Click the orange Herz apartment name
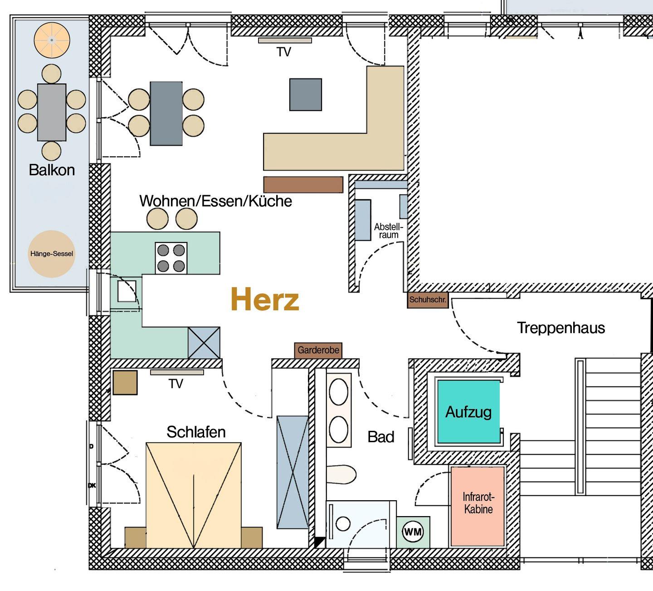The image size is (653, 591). tap(265, 299)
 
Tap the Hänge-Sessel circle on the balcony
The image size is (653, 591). tap(51, 254)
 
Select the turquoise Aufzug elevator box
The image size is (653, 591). tap(468, 412)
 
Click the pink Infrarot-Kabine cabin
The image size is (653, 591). tap(478, 507)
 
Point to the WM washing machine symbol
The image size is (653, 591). tap(413, 532)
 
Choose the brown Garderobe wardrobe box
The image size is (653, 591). tap(318, 350)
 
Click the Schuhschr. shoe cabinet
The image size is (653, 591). tap(428, 300)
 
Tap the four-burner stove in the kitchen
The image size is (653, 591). tap(171, 258)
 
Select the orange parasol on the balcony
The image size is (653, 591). tap(52, 40)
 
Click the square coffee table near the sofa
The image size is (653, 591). tap(306, 94)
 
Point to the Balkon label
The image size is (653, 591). tap(52, 170)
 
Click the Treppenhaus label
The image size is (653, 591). tap(561, 328)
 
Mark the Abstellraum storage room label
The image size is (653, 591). tap(389, 231)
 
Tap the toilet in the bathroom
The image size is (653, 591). tap(341, 474)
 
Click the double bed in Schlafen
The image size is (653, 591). tap(194, 495)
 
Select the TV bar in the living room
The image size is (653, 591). tap(285, 41)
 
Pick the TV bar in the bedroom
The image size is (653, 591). tap(177, 372)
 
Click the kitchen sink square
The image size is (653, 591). tap(127, 291)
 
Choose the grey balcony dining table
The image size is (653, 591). tap(52, 113)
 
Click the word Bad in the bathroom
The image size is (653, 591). tap(381, 437)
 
